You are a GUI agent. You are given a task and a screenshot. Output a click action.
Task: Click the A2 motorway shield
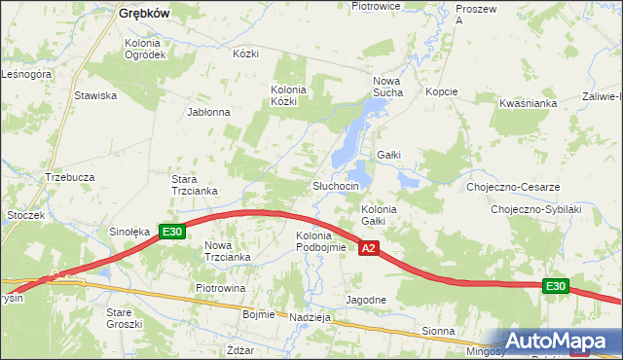[x=368, y=250]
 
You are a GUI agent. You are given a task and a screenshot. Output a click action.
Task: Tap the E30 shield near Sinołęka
[x=172, y=232]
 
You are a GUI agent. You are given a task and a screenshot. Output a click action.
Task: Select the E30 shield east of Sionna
[x=555, y=285]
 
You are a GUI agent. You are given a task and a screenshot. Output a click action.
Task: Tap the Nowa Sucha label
[x=388, y=88]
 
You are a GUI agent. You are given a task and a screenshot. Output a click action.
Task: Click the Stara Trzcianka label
[x=194, y=185]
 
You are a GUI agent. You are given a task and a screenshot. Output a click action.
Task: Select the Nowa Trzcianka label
[x=228, y=251]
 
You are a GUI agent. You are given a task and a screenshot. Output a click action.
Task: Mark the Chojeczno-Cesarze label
[x=512, y=187]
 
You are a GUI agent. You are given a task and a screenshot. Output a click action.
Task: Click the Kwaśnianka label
[x=527, y=101]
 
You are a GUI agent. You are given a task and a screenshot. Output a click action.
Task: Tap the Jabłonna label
[x=208, y=112]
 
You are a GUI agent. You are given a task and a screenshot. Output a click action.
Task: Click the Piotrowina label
[x=220, y=289]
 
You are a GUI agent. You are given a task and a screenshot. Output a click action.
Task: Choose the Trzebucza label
[x=69, y=177]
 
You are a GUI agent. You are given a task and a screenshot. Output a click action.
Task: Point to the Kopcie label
[x=441, y=91]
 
